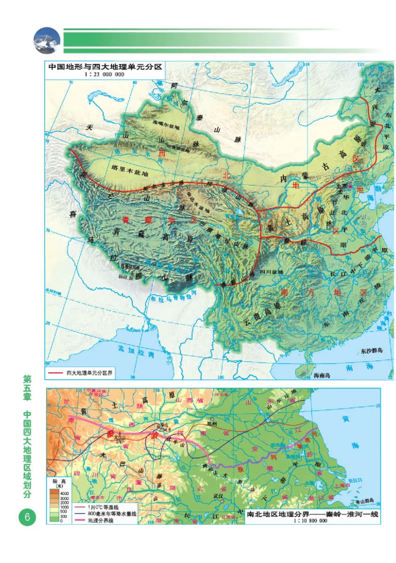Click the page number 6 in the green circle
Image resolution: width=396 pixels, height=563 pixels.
pos(27,517)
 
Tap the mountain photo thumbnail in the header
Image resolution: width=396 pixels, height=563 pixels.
pos(47,40)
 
